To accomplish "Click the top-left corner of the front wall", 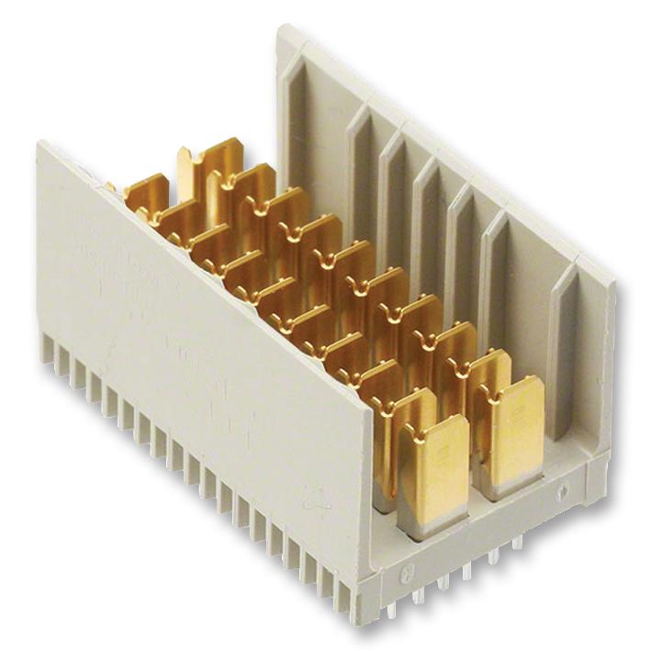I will pos(39,144).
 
